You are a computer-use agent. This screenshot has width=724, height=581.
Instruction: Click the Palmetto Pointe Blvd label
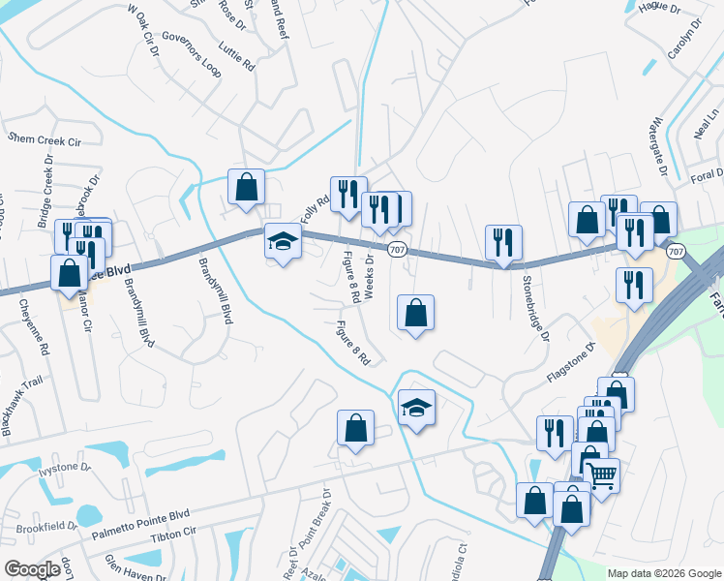(x=141, y=522)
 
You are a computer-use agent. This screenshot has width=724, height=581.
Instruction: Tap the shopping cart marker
(x=602, y=474)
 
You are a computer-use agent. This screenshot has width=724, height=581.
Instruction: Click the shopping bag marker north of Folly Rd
(x=246, y=186)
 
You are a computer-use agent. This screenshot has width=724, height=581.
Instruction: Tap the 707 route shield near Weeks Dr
(x=399, y=251)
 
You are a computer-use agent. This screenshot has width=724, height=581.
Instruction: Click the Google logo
(x=32, y=569)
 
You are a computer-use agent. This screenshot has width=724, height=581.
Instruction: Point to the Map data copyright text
(x=663, y=573)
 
